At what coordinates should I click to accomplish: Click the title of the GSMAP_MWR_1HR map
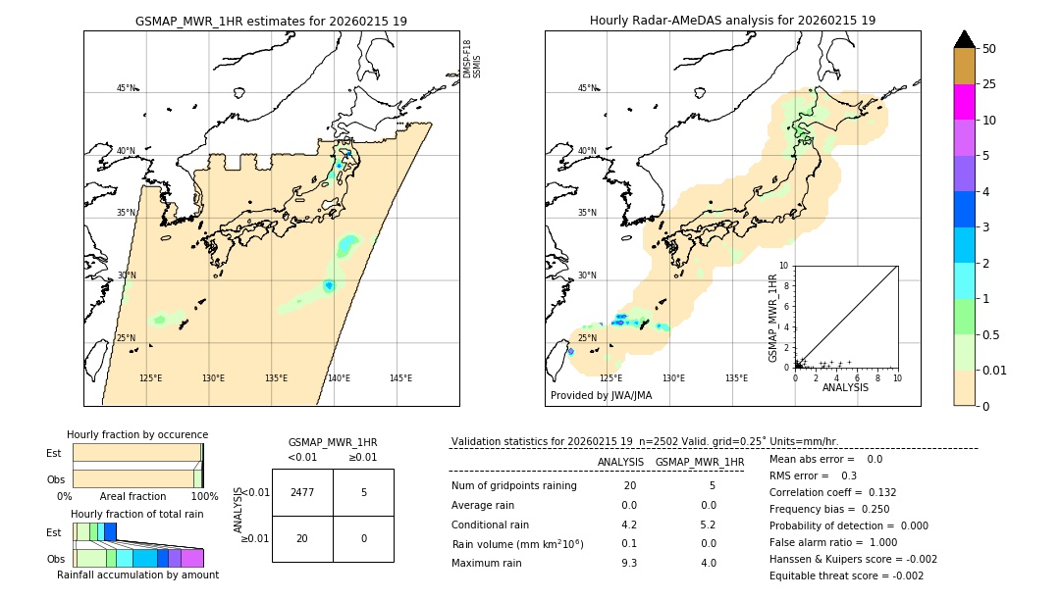point(271,21)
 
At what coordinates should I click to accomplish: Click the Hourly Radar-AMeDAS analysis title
point(732,21)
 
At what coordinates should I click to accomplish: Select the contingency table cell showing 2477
point(301,492)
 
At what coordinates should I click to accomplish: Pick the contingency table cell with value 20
point(301,538)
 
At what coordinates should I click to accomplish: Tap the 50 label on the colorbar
point(989,48)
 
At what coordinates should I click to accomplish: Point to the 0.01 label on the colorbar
point(995,370)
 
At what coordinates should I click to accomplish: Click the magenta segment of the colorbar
point(964,102)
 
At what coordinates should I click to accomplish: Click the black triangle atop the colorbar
point(964,39)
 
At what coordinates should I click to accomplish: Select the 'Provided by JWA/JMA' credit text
point(601,395)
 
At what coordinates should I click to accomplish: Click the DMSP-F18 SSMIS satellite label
point(472,59)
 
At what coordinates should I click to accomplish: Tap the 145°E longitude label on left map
point(400,378)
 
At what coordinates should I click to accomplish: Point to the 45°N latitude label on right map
point(586,88)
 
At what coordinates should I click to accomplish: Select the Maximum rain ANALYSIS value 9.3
point(628,563)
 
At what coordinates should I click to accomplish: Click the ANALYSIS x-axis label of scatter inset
point(845,387)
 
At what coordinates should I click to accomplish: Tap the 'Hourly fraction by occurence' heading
point(137,434)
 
